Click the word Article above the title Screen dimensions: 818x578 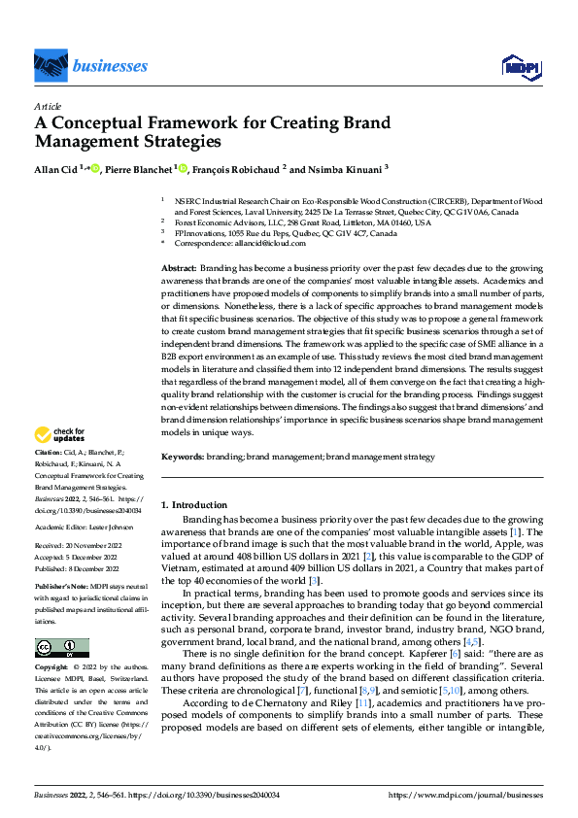47,106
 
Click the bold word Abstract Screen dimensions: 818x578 179,266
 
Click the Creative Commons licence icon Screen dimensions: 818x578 61,648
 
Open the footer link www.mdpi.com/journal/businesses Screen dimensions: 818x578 465,794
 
